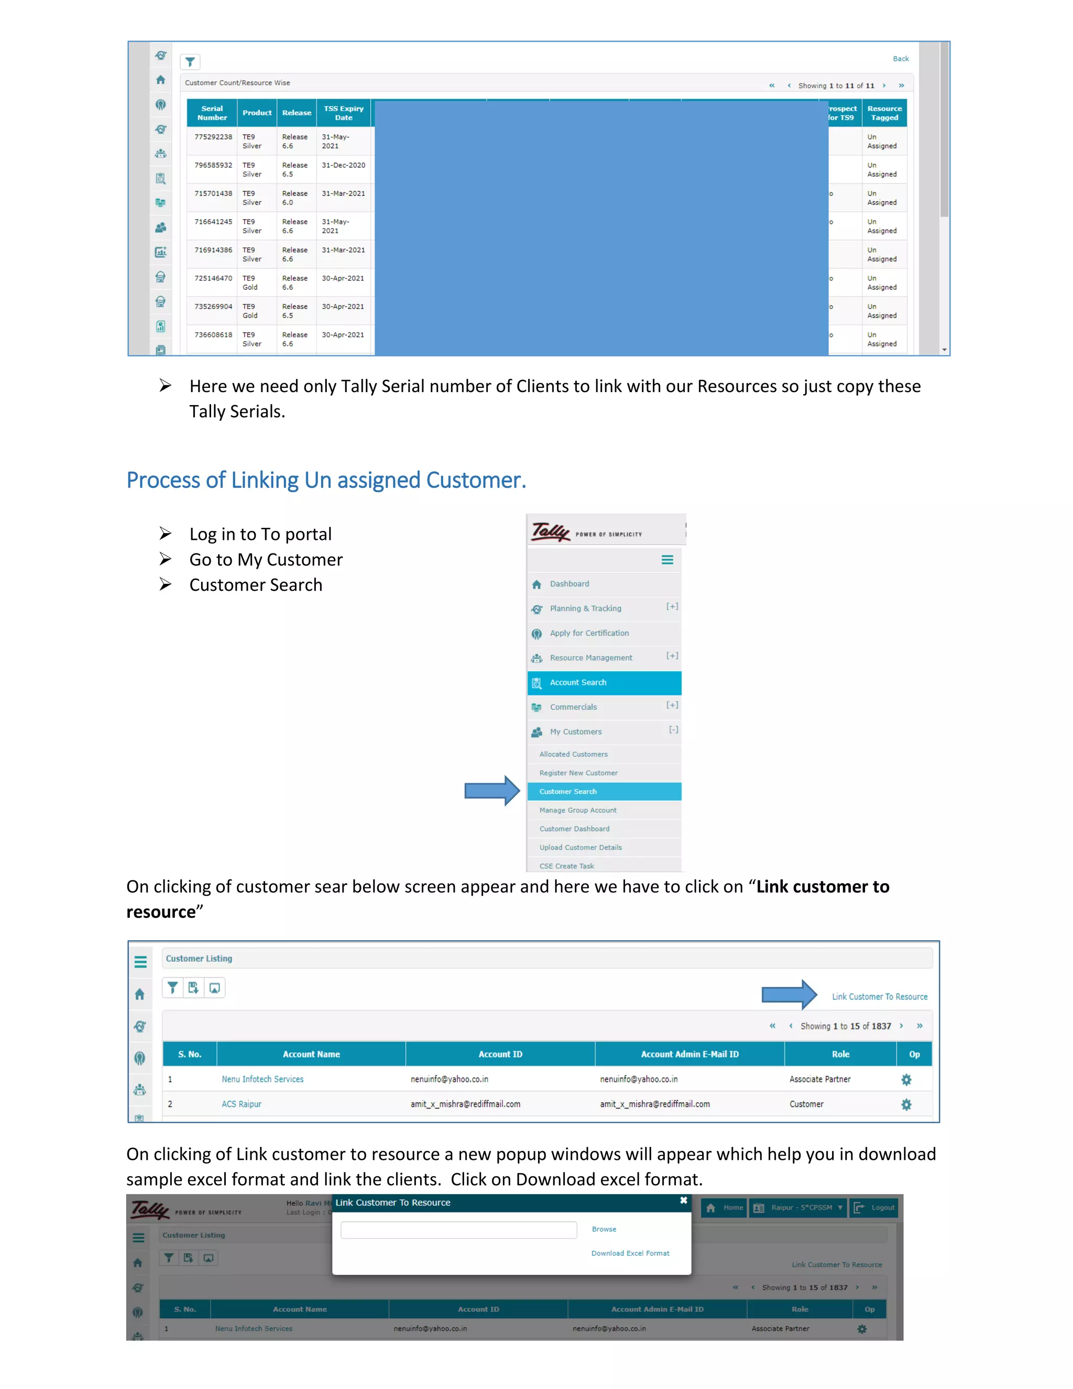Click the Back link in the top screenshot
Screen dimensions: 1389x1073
900,59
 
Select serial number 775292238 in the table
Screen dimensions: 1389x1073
213,137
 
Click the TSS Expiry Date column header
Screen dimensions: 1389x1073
343,113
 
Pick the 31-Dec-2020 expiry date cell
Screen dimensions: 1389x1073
343,165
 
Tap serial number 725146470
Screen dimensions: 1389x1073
213,278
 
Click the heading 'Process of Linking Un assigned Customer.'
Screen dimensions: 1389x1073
326,480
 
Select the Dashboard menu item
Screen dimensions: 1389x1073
569,584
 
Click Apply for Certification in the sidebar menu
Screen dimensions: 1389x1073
589,634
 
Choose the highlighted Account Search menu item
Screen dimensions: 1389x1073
578,682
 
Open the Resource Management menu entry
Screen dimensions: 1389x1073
590,658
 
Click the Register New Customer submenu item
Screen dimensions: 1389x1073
578,773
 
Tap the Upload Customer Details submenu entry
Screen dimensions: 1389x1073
581,847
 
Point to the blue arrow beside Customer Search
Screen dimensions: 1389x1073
491,790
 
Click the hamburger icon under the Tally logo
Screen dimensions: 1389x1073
667,560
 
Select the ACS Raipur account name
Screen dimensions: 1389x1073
242,1104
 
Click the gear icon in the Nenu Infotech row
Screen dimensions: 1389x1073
906,1079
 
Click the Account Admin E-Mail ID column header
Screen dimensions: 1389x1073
689,1054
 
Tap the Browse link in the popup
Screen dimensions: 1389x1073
604,1229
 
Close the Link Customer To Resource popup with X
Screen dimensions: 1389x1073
683,1201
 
